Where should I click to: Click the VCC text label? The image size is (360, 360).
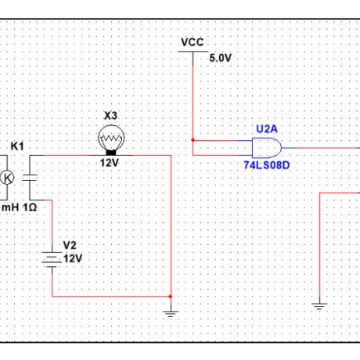192,41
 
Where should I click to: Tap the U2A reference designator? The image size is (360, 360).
266,128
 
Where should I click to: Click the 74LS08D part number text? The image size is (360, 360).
265,166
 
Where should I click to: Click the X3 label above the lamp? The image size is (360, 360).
110,115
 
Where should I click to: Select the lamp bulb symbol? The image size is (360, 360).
110,139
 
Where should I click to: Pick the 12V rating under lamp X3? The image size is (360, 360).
109,163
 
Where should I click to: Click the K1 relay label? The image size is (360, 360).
16,146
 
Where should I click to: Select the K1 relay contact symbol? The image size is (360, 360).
31,177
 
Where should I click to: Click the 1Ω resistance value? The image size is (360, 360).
30,207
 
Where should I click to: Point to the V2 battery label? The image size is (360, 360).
69,245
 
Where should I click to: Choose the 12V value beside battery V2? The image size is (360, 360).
72,257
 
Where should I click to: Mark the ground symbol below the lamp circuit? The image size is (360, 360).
171,313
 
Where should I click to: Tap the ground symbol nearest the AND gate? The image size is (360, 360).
319,305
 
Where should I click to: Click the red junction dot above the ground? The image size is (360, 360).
171,297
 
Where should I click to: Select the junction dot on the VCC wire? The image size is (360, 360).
192,141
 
